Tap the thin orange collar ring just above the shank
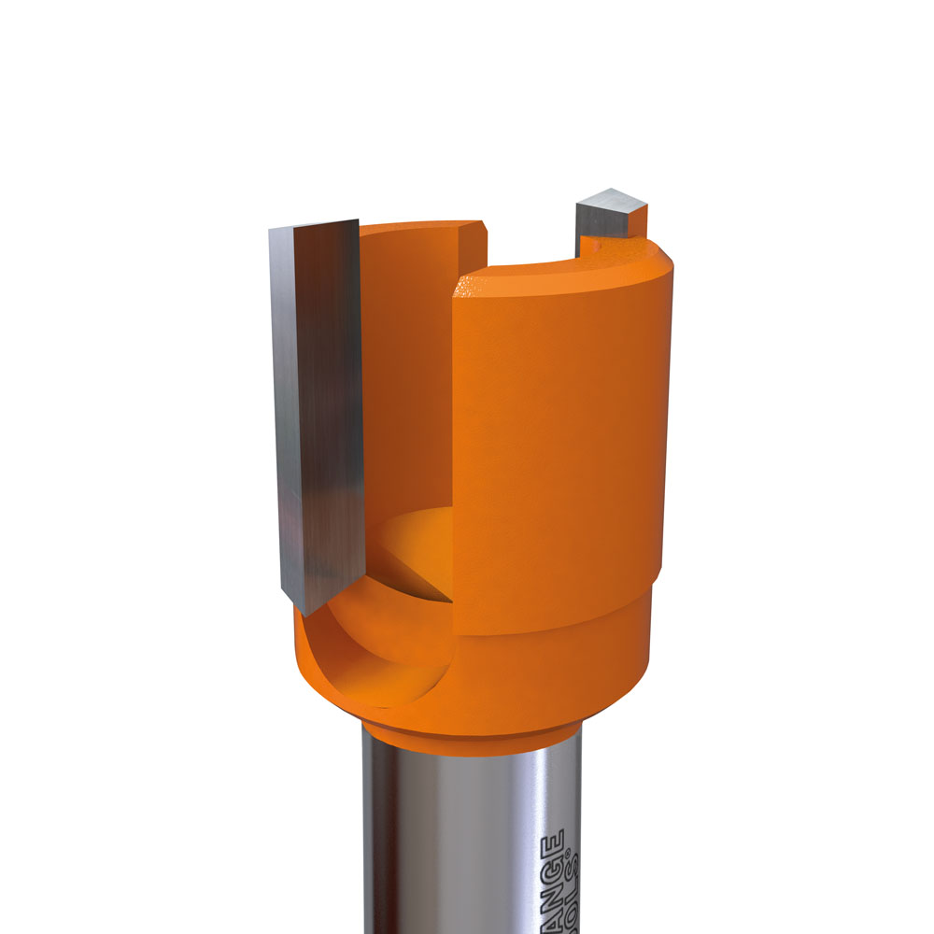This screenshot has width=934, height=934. click(467, 734)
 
